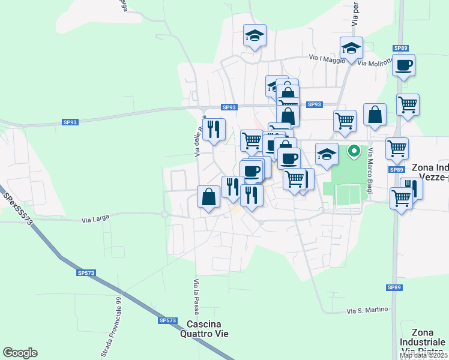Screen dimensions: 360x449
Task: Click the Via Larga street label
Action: (97, 220)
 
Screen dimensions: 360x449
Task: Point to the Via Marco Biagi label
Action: (372, 171)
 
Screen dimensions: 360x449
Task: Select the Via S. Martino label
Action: (368, 310)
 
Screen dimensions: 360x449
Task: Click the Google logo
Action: (20, 353)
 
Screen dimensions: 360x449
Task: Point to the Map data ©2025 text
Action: (424, 356)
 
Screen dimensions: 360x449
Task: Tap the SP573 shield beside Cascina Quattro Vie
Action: (167, 320)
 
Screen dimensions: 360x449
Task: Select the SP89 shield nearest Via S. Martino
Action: (394, 287)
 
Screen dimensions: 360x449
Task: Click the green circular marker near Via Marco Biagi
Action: (354, 151)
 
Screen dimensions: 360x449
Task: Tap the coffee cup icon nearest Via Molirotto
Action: (403, 65)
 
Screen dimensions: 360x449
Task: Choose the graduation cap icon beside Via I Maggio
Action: (351, 47)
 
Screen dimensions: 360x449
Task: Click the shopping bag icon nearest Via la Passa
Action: (208, 197)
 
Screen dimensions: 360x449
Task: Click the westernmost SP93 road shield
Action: (70, 122)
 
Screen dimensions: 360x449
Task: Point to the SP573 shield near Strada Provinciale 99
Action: (86, 272)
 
